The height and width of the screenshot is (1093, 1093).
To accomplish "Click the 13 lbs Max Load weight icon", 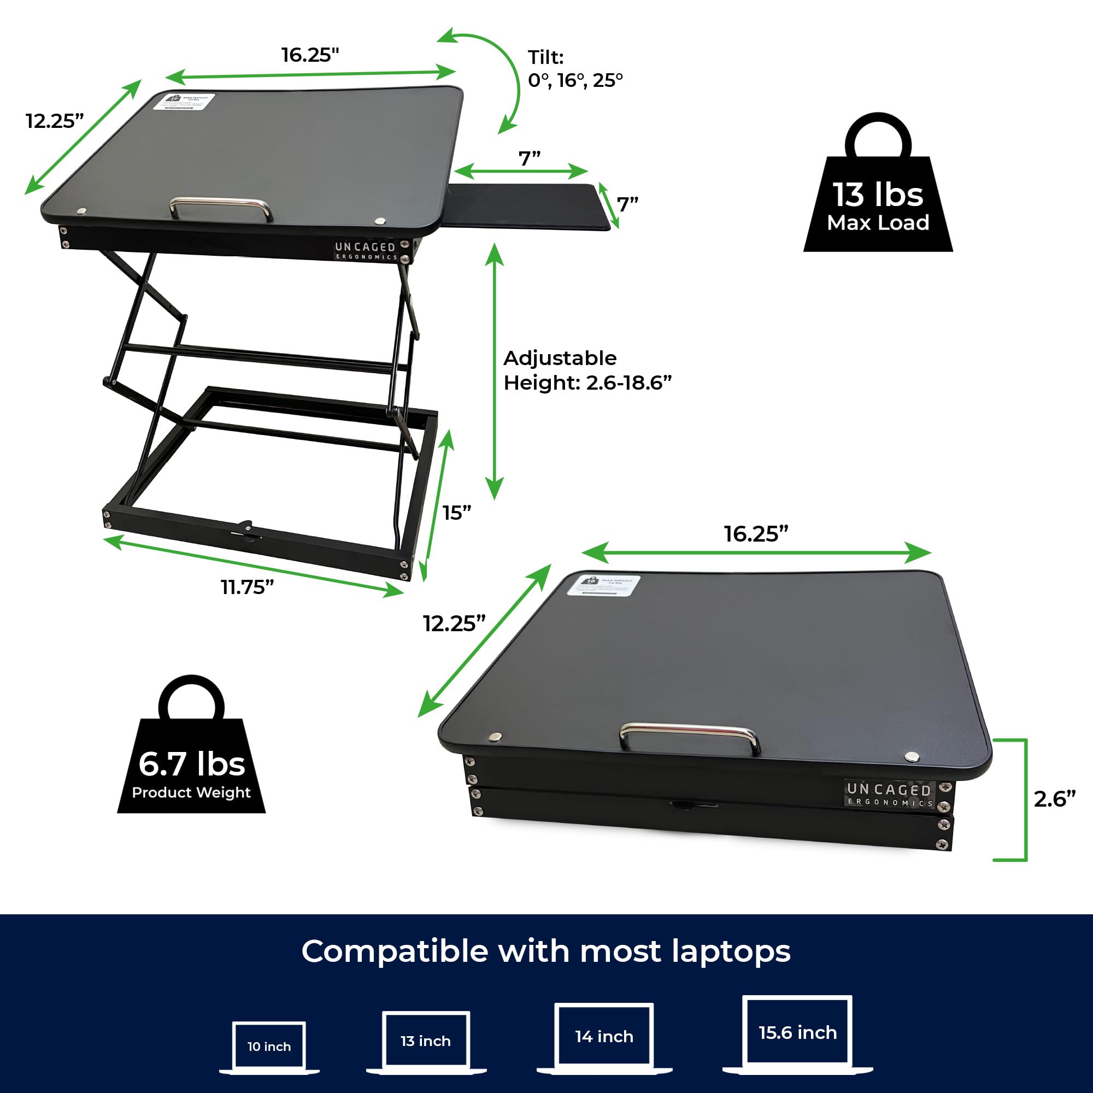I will coord(878,192).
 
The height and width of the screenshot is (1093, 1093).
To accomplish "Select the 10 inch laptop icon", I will coord(269,1047).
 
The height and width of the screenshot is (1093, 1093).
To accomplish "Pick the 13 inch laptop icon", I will coord(426,1042).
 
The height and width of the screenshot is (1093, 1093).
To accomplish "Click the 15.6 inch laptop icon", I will coord(797,1033).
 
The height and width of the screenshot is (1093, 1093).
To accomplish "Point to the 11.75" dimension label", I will coord(247,587).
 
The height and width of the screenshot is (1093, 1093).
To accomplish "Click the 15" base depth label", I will coord(456,513).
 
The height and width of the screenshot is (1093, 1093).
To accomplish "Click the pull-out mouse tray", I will coord(532,205).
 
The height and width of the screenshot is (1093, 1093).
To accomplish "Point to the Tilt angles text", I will coord(575,69).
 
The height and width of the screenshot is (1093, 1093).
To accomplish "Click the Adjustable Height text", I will coord(587,371).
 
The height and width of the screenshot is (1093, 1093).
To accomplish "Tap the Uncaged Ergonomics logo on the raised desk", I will coord(365,251).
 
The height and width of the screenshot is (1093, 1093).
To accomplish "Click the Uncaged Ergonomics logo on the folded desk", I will coord(888,794).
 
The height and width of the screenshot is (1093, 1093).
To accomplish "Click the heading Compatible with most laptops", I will coord(546,951).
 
